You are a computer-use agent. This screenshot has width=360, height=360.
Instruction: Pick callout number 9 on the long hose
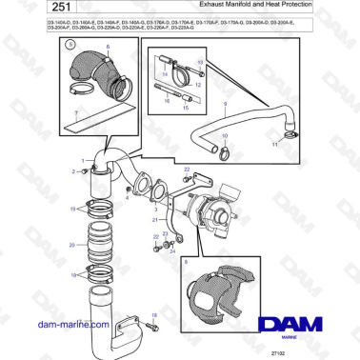click(x=224, y=102)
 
